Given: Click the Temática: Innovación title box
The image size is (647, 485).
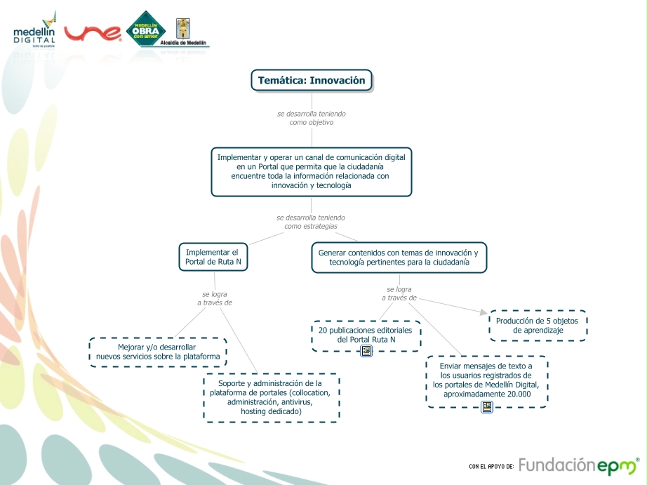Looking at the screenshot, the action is click(x=312, y=81).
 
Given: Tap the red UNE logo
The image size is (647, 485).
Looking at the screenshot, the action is click(x=93, y=33).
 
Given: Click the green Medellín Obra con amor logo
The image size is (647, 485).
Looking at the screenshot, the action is click(x=145, y=29).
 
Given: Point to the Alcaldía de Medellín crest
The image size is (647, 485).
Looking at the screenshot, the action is click(x=182, y=30).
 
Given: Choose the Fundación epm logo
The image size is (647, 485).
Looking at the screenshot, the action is click(x=578, y=465).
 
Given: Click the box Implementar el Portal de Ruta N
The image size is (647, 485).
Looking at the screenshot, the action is click(x=213, y=257).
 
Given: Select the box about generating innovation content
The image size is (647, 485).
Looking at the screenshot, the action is click(x=399, y=257).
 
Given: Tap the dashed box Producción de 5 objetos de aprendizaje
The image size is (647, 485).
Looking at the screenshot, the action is click(x=538, y=325).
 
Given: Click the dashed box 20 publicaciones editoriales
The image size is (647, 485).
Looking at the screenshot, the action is click(x=366, y=334).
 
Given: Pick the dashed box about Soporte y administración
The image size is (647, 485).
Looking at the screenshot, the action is click(x=271, y=397).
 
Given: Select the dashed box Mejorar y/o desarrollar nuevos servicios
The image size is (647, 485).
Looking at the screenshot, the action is click(x=158, y=352).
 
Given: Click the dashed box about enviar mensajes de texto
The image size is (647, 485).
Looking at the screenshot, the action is click(x=486, y=380).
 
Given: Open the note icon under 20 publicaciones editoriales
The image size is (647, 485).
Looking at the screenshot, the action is click(x=366, y=351).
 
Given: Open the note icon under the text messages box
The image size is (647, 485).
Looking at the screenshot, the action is click(x=486, y=406).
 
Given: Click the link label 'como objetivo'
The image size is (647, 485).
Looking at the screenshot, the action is click(x=311, y=122).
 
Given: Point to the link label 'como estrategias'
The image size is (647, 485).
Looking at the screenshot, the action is click(x=311, y=226).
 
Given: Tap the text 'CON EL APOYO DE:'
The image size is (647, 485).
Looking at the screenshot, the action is click(x=491, y=466).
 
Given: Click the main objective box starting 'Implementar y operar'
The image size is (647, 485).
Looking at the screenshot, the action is click(x=311, y=171).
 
